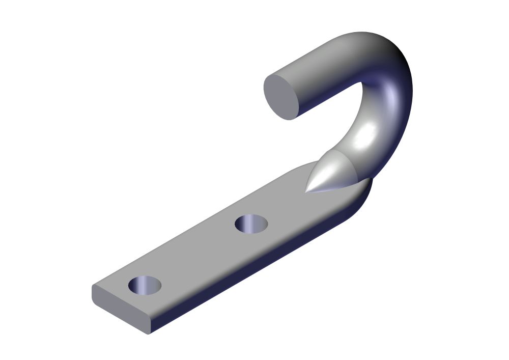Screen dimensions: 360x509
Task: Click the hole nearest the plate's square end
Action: (145, 285)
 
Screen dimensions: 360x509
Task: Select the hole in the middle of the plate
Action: (251, 224)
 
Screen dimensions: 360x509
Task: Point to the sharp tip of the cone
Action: (306, 191)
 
